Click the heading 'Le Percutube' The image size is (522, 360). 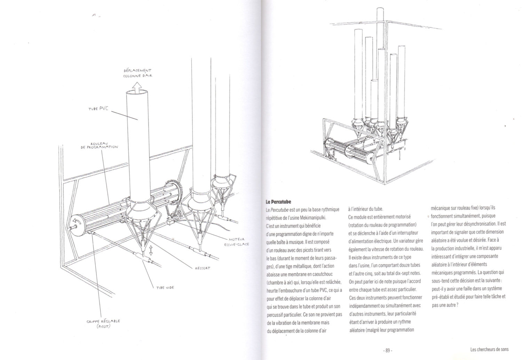click(x=278, y=202)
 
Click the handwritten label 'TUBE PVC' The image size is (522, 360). click(x=98, y=109)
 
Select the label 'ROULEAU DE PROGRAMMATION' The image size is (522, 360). click(x=100, y=145)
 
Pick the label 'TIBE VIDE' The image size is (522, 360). click(x=165, y=288)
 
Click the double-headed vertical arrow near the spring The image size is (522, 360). click(x=151, y=250)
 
